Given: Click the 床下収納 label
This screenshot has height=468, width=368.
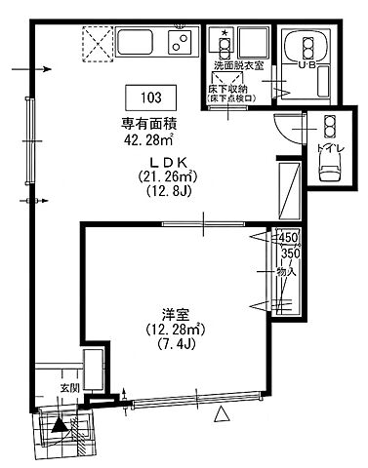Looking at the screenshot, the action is (229, 89).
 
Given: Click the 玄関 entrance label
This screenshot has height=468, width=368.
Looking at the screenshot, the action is (71, 387).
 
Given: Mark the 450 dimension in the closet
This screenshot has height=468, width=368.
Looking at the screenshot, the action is (287, 238).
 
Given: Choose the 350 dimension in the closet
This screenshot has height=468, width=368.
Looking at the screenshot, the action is (288, 253).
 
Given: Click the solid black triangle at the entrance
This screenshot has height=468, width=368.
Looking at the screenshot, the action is (61, 424).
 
